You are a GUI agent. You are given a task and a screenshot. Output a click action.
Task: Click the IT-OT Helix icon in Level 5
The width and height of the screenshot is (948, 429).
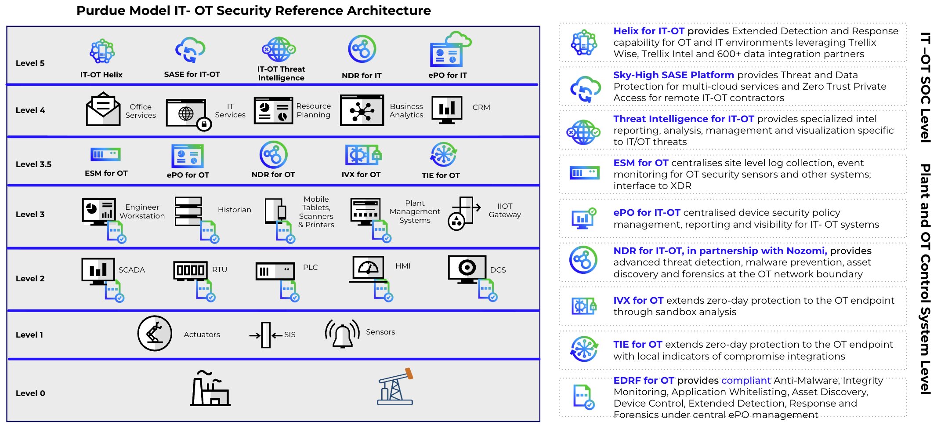102,51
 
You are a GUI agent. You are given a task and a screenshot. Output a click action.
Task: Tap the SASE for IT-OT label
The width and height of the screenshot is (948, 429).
192,74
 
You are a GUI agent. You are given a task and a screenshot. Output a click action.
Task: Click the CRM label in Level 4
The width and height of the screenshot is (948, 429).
481,107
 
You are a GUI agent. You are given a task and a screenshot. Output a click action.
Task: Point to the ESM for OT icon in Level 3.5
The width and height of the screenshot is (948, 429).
105,154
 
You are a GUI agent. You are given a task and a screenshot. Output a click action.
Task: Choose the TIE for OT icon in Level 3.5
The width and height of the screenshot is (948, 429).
443,155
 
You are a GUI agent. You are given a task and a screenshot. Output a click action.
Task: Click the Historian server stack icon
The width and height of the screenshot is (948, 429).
188,211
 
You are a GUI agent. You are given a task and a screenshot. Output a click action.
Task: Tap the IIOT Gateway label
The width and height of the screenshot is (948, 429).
505,211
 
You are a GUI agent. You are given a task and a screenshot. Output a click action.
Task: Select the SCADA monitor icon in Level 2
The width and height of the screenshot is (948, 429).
98,271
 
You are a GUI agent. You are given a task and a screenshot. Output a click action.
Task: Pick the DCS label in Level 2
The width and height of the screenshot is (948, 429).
498,270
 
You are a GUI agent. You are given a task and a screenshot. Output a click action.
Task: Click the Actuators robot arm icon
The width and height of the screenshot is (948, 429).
155,333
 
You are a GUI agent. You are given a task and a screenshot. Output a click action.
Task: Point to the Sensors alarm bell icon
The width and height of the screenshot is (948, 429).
342,334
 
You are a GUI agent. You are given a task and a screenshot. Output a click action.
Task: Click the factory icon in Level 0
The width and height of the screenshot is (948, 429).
210,389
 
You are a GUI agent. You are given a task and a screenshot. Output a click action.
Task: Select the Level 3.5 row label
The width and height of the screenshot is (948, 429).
33,164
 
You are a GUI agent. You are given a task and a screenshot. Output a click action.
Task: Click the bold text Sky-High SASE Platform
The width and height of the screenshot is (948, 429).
673,75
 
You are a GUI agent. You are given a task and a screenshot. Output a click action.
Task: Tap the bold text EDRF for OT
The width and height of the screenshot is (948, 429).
644,381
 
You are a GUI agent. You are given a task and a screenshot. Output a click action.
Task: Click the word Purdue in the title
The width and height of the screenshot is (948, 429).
101,11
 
